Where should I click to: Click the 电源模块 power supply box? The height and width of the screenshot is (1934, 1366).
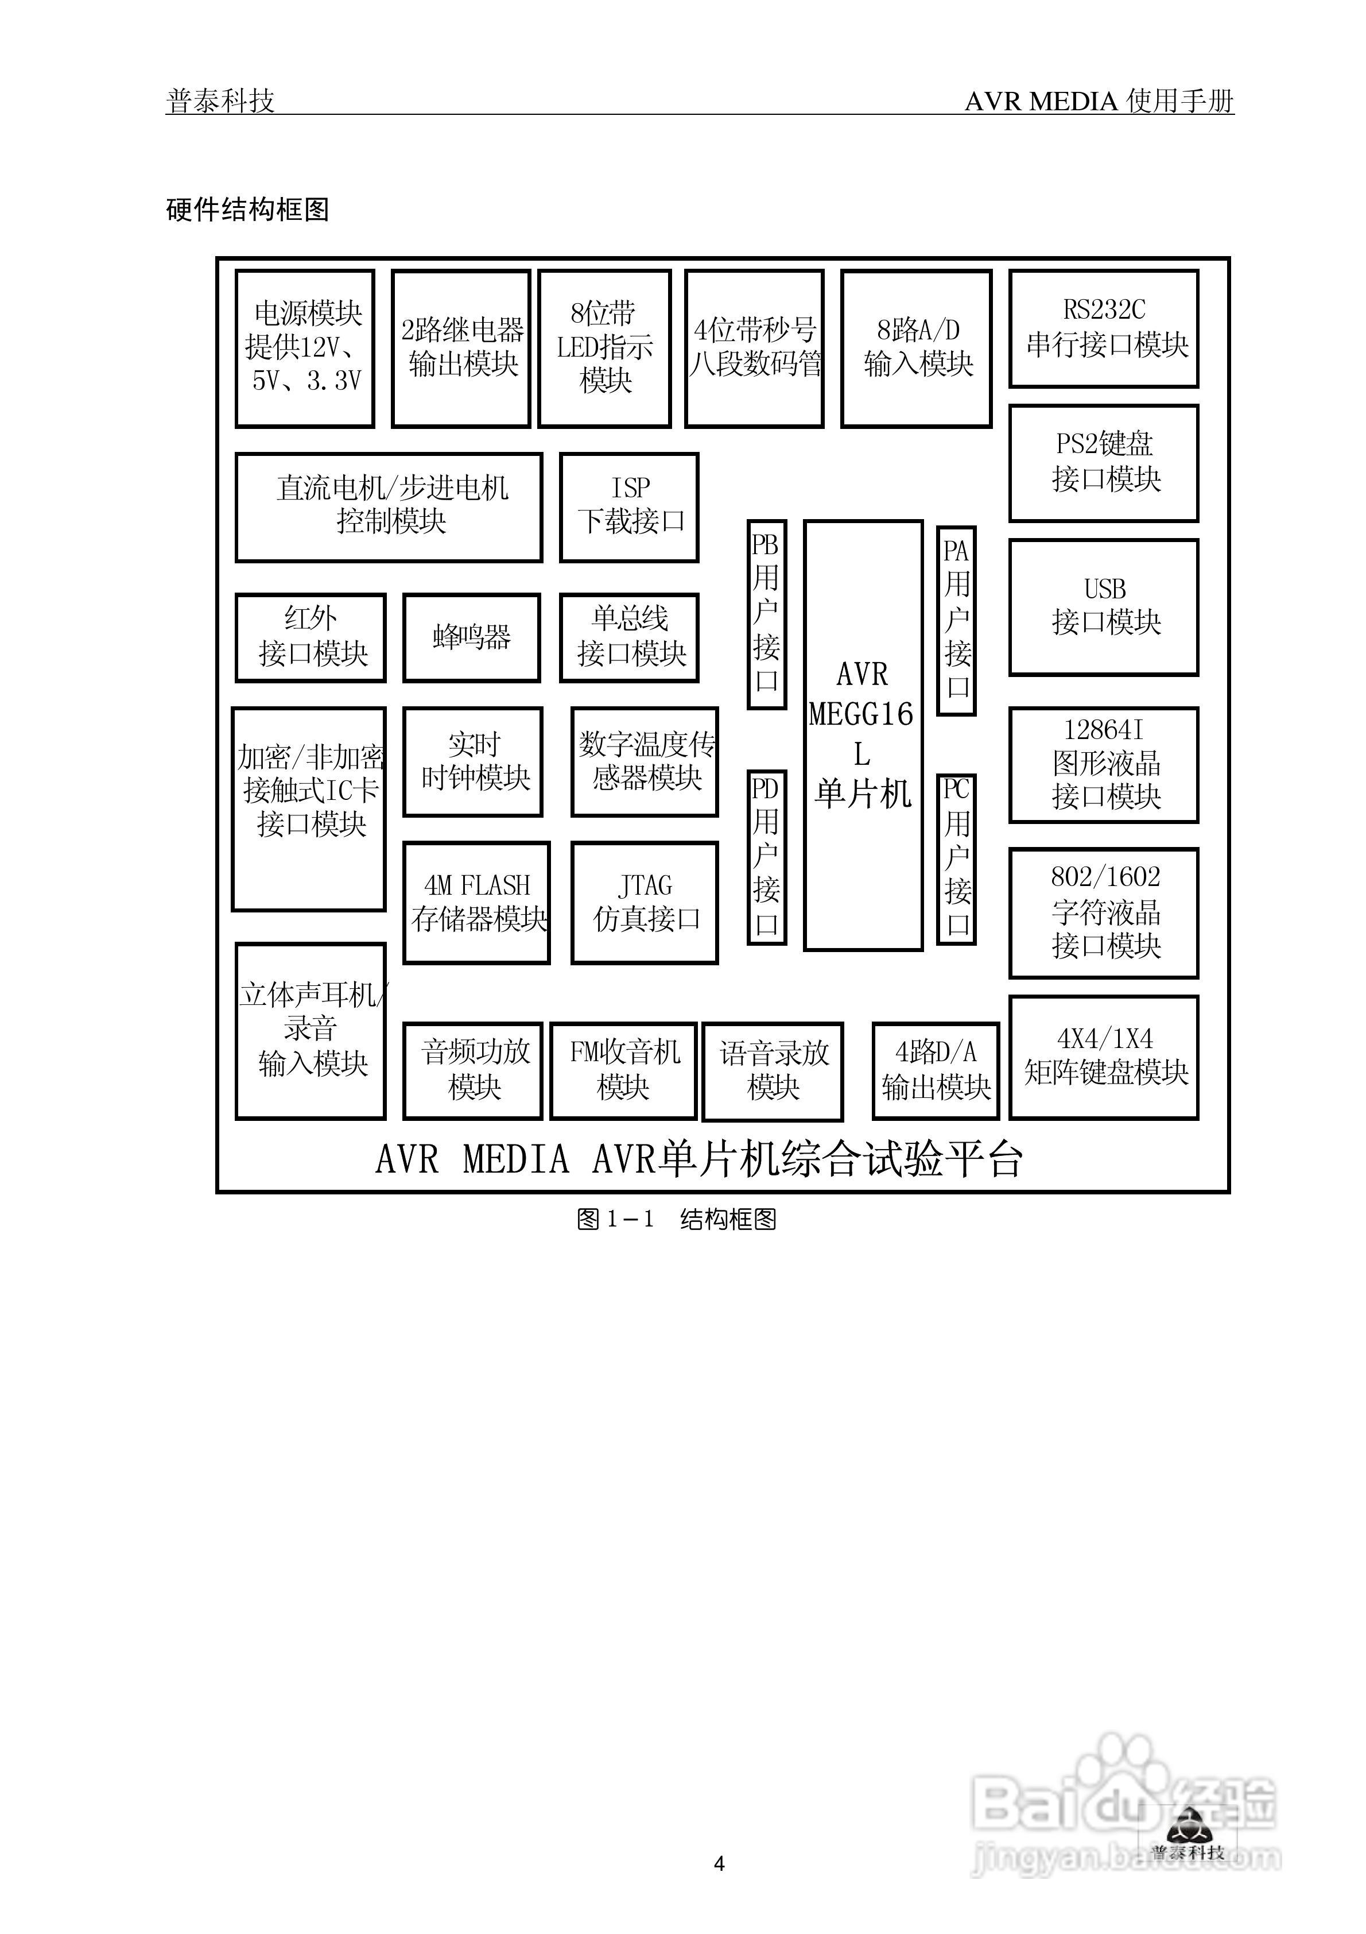[305, 348]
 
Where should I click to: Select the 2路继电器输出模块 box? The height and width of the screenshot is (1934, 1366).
[461, 348]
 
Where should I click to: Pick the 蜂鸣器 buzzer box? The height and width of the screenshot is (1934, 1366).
[472, 637]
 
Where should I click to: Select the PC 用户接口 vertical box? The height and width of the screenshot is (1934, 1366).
[957, 858]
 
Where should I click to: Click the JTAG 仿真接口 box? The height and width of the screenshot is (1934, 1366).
[645, 902]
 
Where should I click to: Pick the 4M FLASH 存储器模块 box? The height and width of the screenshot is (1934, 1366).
[477, 902]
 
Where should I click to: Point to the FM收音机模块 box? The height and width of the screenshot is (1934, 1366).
[623, 1070]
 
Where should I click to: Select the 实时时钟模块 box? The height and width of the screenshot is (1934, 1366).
[474, 761]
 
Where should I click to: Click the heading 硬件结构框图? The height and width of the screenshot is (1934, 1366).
[247, 209]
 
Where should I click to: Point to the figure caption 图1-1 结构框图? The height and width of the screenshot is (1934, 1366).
[676, 1219]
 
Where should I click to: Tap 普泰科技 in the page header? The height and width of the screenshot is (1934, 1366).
[220, 101]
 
